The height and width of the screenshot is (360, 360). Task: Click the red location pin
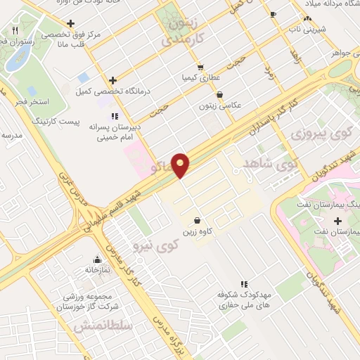[181, 165]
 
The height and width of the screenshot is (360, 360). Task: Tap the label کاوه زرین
[199, 231]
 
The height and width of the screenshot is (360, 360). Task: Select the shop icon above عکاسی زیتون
[220, 94]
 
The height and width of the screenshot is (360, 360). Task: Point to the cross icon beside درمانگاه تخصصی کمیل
[112, 81]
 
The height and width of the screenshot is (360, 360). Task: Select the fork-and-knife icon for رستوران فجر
[15, 31]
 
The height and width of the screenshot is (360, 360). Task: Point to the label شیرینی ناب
[306, 30]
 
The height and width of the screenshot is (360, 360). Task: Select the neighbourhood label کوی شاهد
[271, 162]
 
